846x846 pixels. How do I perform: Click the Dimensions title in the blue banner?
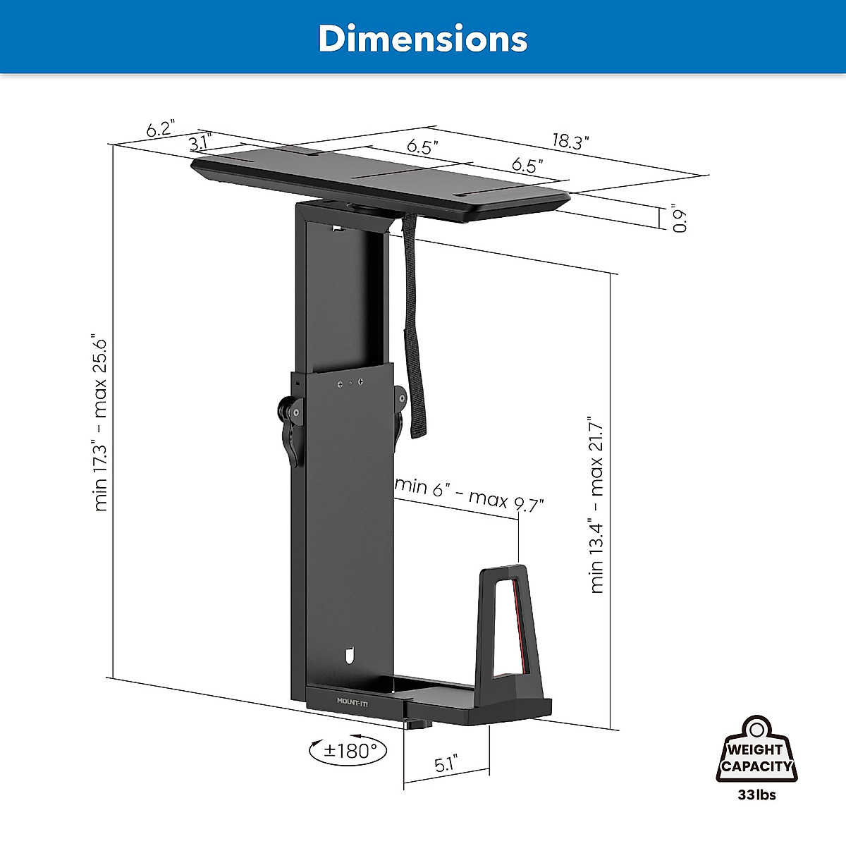point(422,38)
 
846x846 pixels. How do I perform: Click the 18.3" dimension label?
point(570,141)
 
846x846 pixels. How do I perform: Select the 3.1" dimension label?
point(201,143)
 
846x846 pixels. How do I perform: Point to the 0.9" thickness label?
point(678,219)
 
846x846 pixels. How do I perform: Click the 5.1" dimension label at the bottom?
point(446,763)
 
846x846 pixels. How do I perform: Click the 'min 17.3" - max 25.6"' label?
point(102,424)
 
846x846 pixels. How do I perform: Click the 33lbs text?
point(756,795)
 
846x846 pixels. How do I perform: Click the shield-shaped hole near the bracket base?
point(350,656)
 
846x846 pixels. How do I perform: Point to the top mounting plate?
point(381,185)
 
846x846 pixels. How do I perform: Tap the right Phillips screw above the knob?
point(361,382)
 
